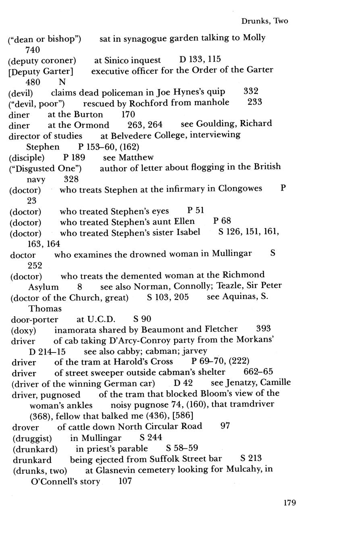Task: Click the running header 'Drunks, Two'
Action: [264, 21]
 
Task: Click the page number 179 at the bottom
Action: [289, 502]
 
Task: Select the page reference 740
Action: [33, 50]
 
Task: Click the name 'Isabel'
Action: [186, 232]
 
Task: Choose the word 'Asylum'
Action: [44, 287]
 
